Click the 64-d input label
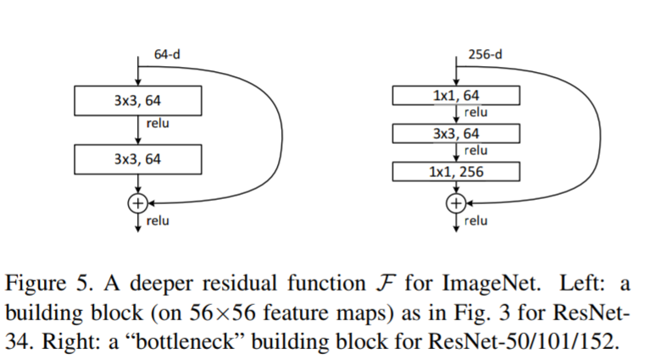(166, 55)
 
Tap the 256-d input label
(484, 55)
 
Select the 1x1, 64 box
(456, 96)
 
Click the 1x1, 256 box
(456, 172)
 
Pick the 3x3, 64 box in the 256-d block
(456, 134)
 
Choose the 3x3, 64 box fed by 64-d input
(138, 101)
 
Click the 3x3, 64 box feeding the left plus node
(138, 158)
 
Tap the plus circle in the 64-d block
(137, 202)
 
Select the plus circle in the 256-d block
(456, 202)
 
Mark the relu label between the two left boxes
(158, 124)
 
